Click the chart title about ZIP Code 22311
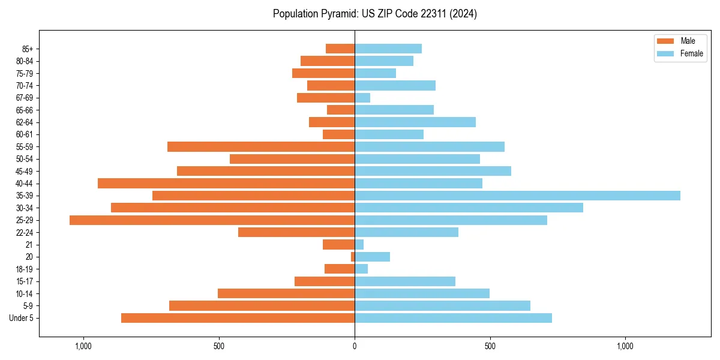click(374, 14)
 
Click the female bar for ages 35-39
click(517, 196)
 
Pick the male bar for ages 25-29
click(212, 220)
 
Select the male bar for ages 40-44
click(226, 183)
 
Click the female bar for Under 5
click(453, 318)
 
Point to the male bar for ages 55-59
click(261, 146)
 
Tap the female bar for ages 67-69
click(362, 98)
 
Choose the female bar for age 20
click(372, 257)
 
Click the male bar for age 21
click(338, 245)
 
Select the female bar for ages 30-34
click(469, 208)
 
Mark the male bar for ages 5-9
click(262, 306)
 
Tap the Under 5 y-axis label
click(22, 318)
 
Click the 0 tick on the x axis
click(355, 346)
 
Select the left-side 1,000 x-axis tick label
click(83, 346)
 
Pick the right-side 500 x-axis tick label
click(490, 346)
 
